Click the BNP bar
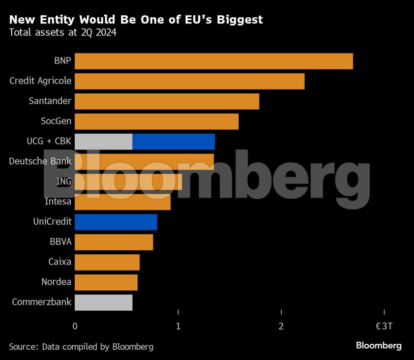click(214, 61)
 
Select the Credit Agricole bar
click(189, 81)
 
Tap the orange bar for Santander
click(167, 101)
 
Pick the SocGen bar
click(157, 122)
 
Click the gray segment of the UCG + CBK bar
click(103, 141)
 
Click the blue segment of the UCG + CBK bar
click(173, 141)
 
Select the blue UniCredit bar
click(116, 222)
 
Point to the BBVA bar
click(114, 242)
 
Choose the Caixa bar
click(107, 262)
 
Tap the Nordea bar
click(106, 282)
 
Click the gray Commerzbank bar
click(103, 303)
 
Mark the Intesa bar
click(123, 202)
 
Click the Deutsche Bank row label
click(40, 162)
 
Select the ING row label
click(64, 182)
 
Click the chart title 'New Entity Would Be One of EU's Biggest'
click(136, 20)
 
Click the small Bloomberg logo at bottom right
click(378, 346)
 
